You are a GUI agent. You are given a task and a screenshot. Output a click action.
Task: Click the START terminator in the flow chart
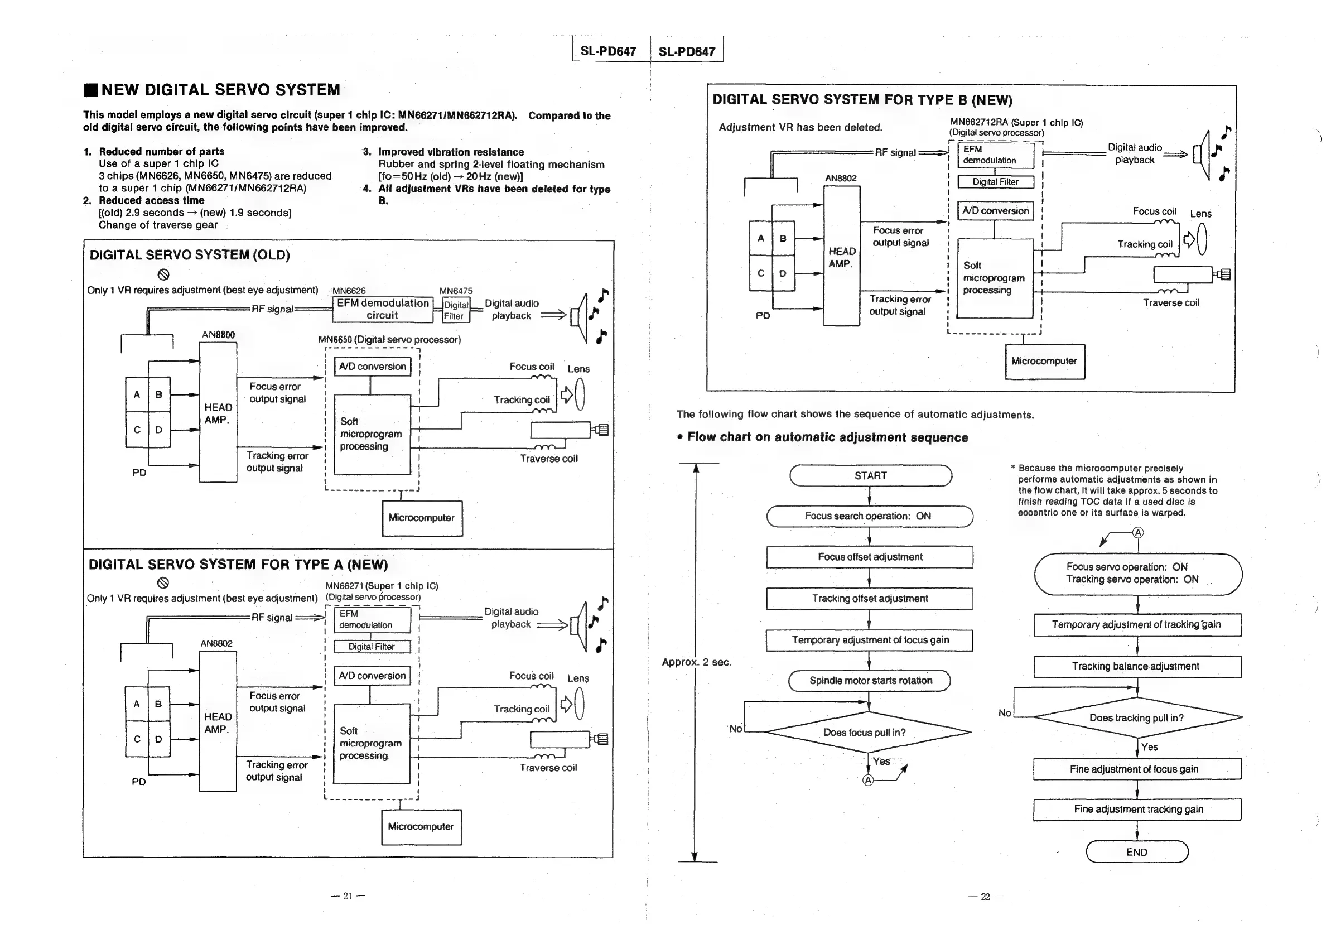(870, 475)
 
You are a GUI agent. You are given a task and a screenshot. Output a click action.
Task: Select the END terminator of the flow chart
(1136, 851)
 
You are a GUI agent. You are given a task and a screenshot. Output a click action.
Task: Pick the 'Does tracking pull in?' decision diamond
(1136, 718)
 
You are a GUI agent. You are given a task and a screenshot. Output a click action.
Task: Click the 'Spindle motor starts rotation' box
(870, 680)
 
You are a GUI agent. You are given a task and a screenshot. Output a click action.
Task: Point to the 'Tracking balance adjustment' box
(1136, 666)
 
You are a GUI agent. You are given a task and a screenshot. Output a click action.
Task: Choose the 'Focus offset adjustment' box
(870, 557)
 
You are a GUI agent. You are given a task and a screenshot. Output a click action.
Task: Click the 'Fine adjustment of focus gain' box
(1136, 769)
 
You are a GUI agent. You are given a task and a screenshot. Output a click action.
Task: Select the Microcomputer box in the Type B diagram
(1044, 361)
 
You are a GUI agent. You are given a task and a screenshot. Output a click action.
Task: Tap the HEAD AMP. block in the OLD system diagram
(218, 413)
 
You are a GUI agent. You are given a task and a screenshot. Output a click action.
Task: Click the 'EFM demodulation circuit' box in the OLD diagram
(383, 309)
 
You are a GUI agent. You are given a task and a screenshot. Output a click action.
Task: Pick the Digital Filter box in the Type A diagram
(372, 647)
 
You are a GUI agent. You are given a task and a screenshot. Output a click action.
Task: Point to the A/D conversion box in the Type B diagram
(995, 210)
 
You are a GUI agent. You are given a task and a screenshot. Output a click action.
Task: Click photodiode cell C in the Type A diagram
(137, 739)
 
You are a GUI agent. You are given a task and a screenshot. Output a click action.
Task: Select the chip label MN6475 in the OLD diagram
(456, 291)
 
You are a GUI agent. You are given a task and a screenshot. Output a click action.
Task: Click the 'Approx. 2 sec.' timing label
(696, 662)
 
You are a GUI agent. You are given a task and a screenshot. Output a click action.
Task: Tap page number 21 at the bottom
(348, 896)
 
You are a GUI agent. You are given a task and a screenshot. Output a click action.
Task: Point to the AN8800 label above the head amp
(218, 335)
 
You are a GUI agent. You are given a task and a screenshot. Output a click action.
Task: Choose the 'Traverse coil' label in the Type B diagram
(1170, 303)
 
